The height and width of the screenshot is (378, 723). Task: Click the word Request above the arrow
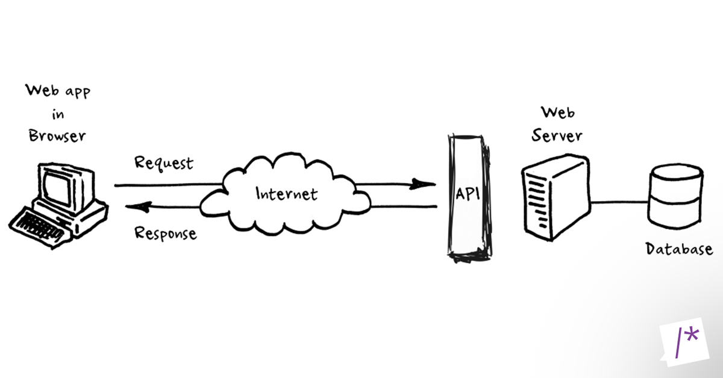click(x=164, y=163)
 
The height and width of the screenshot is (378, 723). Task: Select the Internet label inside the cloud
click(x=286, y=194)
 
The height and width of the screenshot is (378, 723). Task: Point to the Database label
click(x=679, y=249)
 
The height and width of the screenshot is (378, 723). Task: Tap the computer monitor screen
click(x=62, y=183)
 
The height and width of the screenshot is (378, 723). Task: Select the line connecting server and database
click(x=619, y=202)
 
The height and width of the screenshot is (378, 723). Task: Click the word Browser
click(x=58, y=136)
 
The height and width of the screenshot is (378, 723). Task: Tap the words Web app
click(x=59, y=92)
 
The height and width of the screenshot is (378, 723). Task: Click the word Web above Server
click(x=557, y=112)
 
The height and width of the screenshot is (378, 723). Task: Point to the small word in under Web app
click(x=58, y=114)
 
